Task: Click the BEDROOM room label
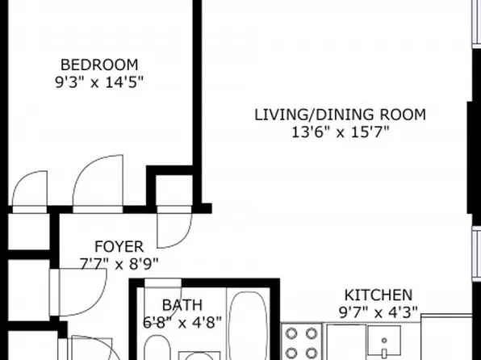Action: [100, 65]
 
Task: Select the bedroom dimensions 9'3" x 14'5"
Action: [100, 82]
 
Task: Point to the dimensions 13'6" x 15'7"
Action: [340, 132]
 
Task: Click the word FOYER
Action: [119, 246]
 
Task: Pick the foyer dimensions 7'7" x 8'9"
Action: [119, 262]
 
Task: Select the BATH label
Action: [177, 305]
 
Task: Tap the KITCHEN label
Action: [379, 295]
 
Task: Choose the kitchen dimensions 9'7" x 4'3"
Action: [379, 311]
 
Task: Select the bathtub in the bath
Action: [244, 327]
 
